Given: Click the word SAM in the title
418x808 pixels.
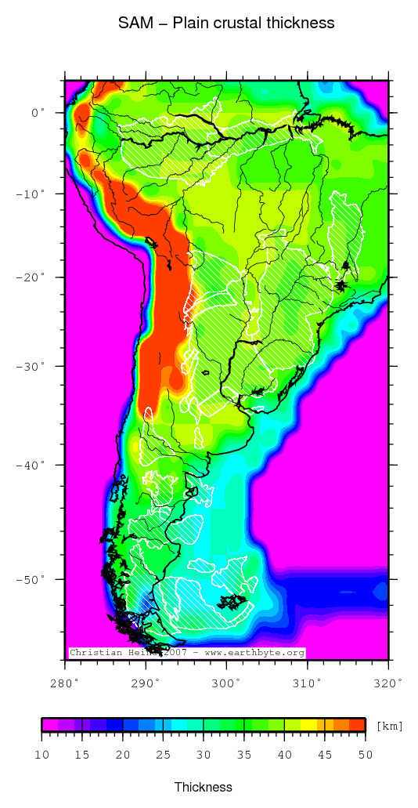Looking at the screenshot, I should tap(133, 24).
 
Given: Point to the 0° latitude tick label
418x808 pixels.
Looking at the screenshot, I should tap(38, 112).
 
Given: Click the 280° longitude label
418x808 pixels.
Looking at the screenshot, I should tap(65, 683).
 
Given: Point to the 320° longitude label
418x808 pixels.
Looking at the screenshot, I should tap(387, 683).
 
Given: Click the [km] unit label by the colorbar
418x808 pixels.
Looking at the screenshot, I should tap(389, 726).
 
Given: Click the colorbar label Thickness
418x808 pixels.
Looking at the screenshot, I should tap(203, 787).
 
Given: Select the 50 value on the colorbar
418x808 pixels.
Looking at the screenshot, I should tap(365, 754).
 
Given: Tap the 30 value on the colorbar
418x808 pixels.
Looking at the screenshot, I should tap(204, 754).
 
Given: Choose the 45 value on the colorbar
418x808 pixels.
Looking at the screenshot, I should tap(324, 754).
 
